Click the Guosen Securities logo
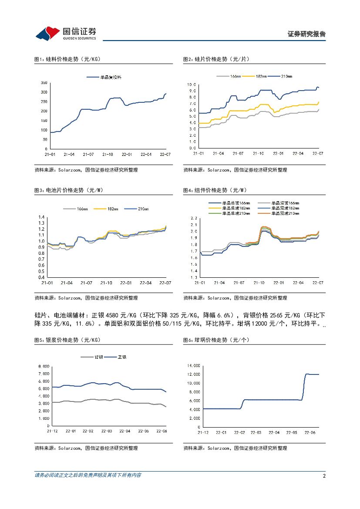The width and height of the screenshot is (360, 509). [x=65, y=33]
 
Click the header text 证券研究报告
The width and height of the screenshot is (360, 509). [x=306, y=34]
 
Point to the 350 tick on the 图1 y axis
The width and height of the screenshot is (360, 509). [x=44, y=82]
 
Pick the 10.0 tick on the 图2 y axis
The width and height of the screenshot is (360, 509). [x=192, y=84]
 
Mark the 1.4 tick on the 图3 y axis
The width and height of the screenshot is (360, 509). [x=42, y=217]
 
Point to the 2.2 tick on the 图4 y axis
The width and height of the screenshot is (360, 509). [x=194, y=218]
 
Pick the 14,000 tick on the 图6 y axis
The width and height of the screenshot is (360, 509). [x=193, y=365]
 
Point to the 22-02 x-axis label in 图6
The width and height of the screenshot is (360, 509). [x=239, y=433]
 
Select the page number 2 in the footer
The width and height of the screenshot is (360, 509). [x=324, y=476]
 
